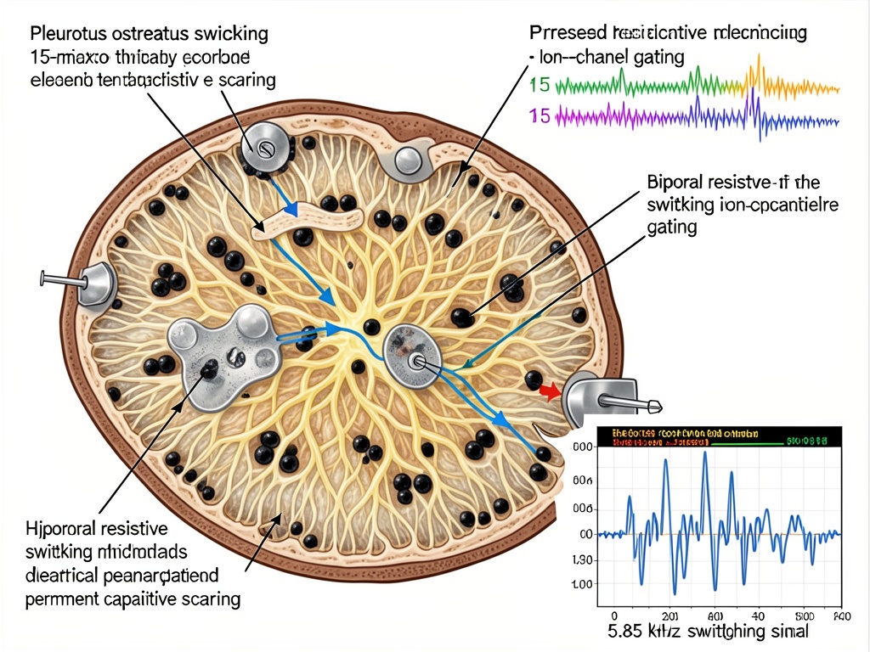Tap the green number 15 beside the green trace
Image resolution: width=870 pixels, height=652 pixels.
click(540, 85)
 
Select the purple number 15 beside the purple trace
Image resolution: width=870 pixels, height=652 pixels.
click(540, 115)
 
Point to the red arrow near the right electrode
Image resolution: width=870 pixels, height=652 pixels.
click(549, 391)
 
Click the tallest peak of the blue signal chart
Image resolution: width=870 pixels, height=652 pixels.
click(705, 456)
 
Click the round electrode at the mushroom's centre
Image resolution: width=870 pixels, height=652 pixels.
click(413, 356)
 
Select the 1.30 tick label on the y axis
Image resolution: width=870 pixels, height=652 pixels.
click(583, 560)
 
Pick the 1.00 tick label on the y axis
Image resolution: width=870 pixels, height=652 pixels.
click(583, 585)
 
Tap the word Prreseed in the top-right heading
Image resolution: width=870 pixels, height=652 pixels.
click(565, 34)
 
